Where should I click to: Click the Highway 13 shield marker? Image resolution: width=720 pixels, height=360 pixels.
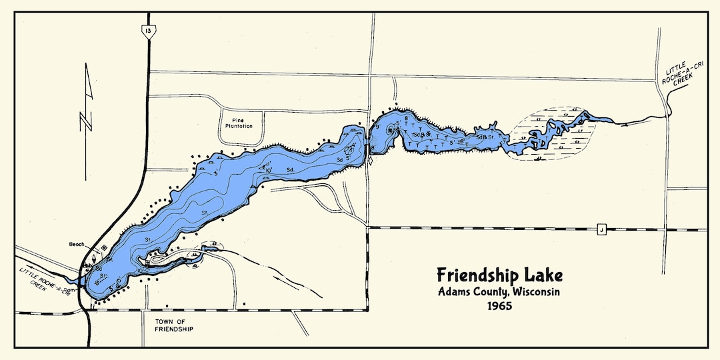[x=145, y=29]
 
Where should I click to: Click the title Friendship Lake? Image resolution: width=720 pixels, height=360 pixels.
[x=499, y=275]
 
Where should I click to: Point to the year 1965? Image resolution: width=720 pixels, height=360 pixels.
[x=500, y=307]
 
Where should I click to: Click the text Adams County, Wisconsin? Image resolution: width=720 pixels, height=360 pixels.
[x=499, y=292]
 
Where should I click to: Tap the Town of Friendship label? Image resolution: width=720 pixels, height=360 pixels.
[x=172, y=325]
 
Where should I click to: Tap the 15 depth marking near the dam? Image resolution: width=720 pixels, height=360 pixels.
[x=97, y=284]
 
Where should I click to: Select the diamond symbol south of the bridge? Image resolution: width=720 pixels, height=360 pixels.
[x=369, y=161]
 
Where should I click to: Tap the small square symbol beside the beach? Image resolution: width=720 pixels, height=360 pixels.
[x=104, y=248]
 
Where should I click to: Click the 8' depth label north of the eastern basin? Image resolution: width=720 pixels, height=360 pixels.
[x=405, y=118]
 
